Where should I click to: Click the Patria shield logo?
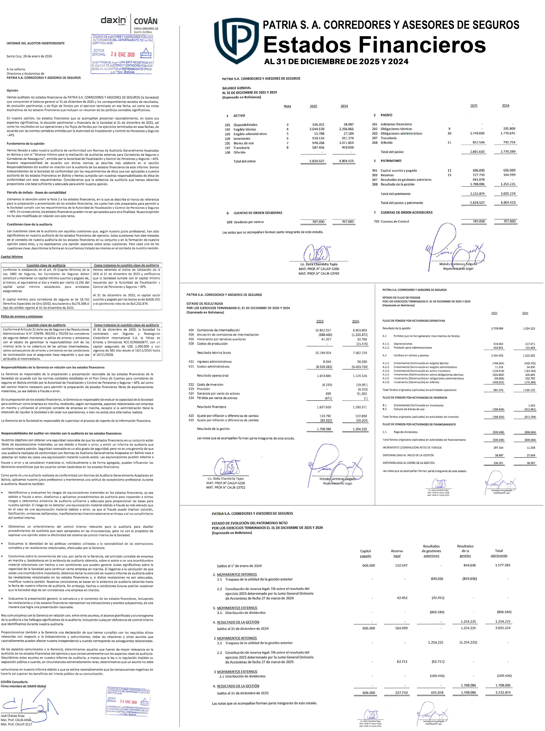(236, 41)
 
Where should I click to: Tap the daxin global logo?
(113, 21)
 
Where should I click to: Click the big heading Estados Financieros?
(374, 45)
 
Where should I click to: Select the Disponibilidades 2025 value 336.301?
(318, 125)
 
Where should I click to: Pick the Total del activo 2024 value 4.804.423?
(346, 161)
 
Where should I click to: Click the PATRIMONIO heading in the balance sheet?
(391, 161)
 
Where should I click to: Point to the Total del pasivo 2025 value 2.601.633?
(477, 152)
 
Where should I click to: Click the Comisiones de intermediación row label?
(218, 330)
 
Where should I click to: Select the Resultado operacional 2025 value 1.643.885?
(324, 376)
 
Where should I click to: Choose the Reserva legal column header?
(397, 553)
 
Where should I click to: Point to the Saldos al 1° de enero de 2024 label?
(239, 566)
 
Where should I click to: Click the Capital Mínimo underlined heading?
(12, 257)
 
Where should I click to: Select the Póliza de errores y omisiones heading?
(22, 316)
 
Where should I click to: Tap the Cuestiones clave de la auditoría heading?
(29, 224)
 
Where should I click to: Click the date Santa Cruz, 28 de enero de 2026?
(29, 56)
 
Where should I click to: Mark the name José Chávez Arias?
(12, 716)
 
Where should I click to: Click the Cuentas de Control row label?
(395, 222)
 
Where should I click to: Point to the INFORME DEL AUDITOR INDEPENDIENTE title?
(36, 43)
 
